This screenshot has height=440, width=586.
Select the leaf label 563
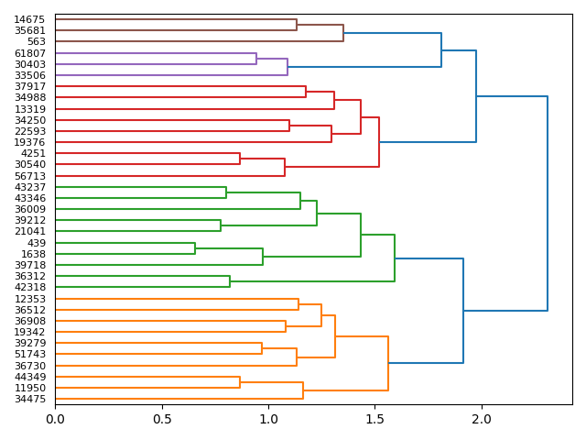click(x=38, y=41)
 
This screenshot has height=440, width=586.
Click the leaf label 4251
click(x=35, y=153)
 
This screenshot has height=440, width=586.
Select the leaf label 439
click(x=38, y=243)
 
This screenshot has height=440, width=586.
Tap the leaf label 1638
click(x=35, y=254)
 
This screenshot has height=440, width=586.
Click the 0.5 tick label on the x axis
click(x=162, y=420)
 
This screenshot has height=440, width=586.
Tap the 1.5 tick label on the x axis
click(x=374, y=420)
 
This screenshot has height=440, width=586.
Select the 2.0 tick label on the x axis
click(x=482, y=420)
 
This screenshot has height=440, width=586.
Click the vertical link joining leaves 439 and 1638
click(x=195, y=248)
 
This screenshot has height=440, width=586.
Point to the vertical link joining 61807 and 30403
click(x=256, y=59)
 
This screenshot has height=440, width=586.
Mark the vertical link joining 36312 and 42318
click(x=230, y=281)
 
